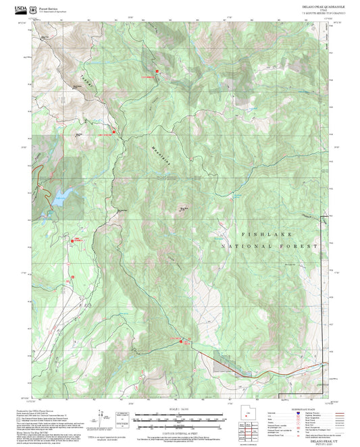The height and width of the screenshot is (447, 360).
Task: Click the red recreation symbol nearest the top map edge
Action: tap(157, 71)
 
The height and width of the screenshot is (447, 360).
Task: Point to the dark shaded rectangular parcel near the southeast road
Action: tap(222, 365)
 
